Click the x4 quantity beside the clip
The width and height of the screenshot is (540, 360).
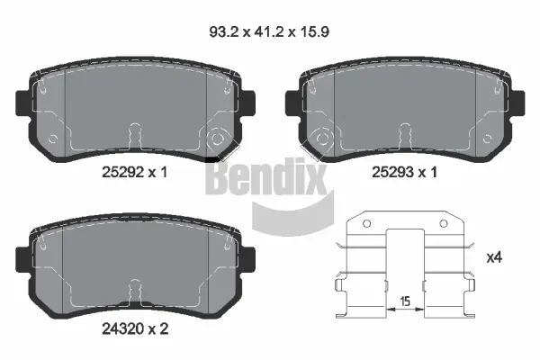pos(494,258)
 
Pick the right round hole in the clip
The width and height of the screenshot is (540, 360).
pos(440,225)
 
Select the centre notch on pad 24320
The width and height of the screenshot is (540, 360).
pos(135,290)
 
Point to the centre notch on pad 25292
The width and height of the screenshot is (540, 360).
pos(135,133)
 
